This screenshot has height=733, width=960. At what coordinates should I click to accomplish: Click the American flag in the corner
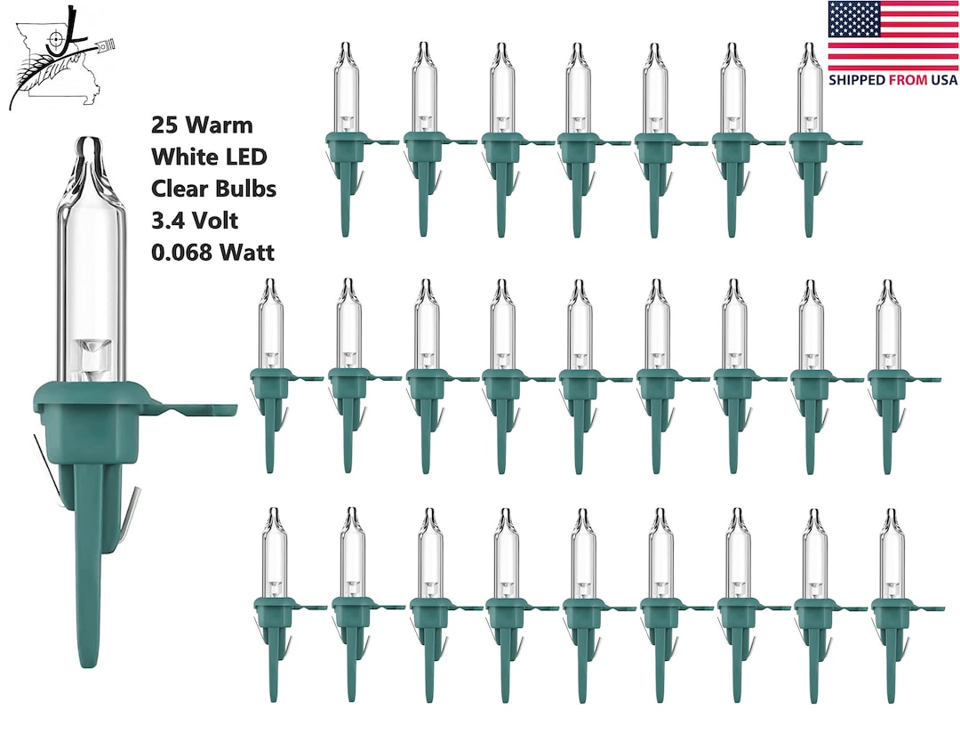pyautogui.click(x=892, y=36)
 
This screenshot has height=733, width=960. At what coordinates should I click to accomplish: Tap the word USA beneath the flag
pyautogui.click(x=943, y=80)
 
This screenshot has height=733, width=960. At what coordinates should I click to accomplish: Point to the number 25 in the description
pyautogui.click(x=164, y=125)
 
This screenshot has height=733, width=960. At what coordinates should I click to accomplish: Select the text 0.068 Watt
pyautogui.click(x=212, y=253)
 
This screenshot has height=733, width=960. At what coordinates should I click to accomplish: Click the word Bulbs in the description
pyautogui.click(x=247, y=189)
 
